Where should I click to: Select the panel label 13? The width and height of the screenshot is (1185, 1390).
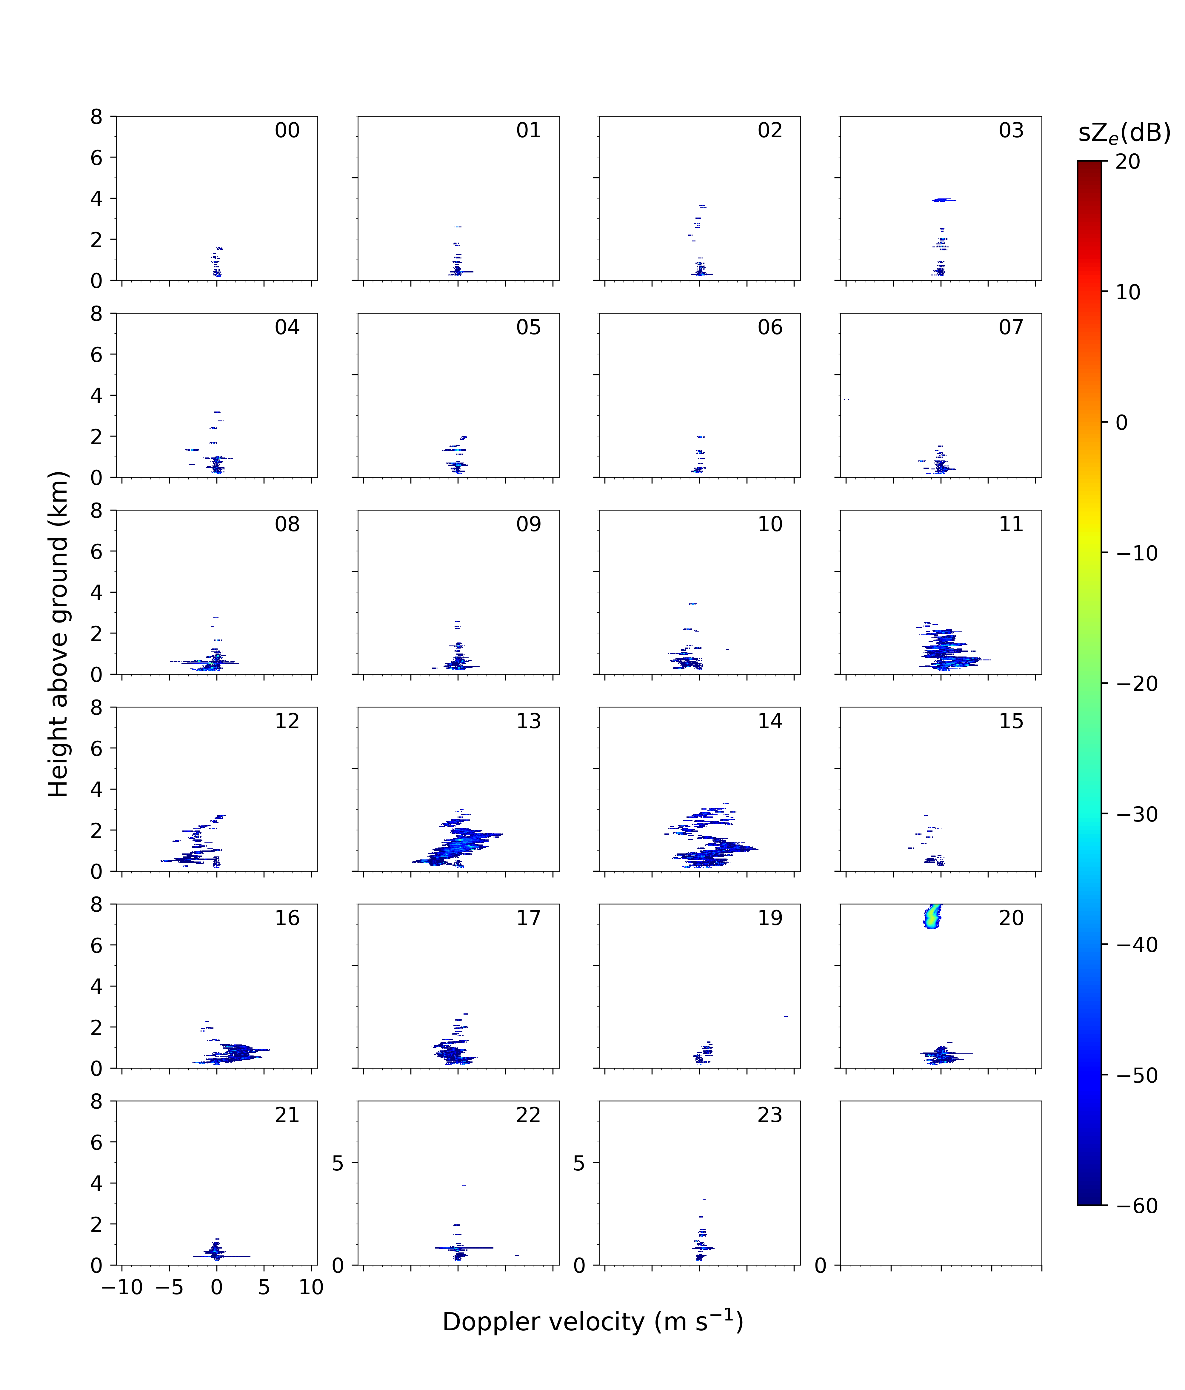tap(529, 721)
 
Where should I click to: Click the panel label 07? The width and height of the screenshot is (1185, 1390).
tap(1011, 327)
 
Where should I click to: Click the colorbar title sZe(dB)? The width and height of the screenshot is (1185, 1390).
tap(1124, 133)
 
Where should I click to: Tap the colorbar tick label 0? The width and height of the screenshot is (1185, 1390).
tap(1121, 423)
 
